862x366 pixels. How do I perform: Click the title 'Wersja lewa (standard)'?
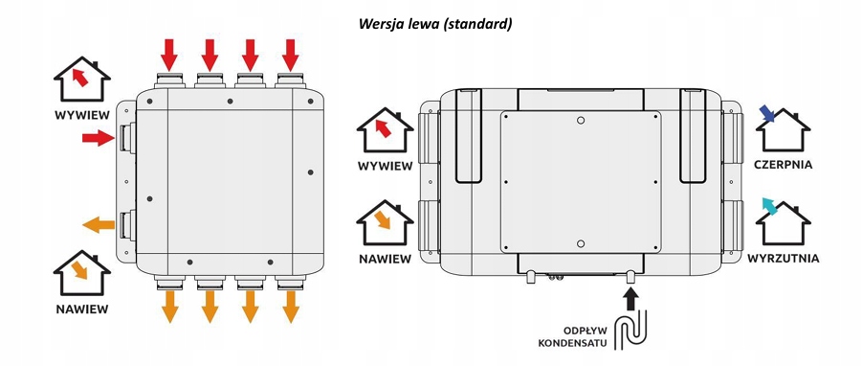pyautogui.click(x=435, y=24)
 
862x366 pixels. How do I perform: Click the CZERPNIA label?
pyautogui.click(x=783, y=165)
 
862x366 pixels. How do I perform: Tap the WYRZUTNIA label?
pyautogui.click(x=783, y=258)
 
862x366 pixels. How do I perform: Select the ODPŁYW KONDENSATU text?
pyautogui.click(x=572, y=337)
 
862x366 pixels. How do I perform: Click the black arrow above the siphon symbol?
pyautogui.click(x=631, y=299)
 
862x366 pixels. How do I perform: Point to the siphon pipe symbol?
pyautogui.click(x=632, y=331)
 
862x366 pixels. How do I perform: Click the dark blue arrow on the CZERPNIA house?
pyautogui.click(x=767, y=114)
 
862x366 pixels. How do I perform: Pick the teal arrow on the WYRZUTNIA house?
pyautogui.click(x=769, y=206)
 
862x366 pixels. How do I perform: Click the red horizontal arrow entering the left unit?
pyautogui.click(x=98, y=138)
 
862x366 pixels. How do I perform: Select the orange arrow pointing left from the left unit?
pyautogui.click(x=99, y=224)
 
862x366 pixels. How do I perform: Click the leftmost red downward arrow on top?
pyautogui.click(x=170, y=55)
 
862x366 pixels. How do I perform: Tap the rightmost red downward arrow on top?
pyautogui.click(x=291, y=55)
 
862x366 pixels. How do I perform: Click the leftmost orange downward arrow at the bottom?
pyautogui.click(x=170, y=307)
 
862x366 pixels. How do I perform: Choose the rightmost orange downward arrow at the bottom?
pyautogui.click(x=291, y=307)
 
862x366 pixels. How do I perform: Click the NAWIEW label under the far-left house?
pyautogui.click(x=82, y=309)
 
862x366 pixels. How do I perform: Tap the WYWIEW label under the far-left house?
pyautogui.click(x=82, y=116)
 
